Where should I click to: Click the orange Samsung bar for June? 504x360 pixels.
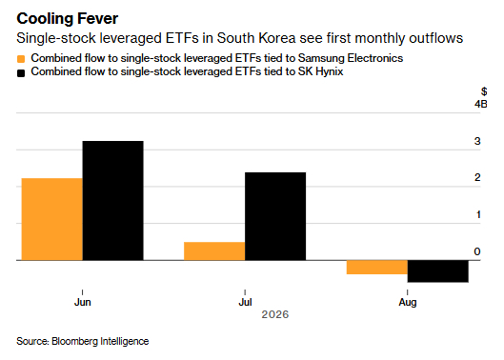52,219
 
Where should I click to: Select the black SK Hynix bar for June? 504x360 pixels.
113,201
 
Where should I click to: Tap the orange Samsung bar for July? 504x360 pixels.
214,251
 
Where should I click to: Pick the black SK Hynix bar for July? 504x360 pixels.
275,216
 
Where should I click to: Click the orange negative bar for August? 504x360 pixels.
377,267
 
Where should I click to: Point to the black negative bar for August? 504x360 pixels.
438,271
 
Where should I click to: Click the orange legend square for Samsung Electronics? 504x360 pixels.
21,59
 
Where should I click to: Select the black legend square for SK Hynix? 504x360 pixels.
21,73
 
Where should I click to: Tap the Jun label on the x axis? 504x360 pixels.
83,303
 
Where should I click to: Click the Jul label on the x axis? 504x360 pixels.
245,303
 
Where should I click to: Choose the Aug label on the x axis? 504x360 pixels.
408,303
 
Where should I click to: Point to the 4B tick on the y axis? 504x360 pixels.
481,104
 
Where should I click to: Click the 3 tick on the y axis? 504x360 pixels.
477,141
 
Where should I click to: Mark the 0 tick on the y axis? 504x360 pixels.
477,251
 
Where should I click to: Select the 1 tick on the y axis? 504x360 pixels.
478,214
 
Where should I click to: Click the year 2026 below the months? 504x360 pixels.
275,314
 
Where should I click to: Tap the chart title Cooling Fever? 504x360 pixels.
68,19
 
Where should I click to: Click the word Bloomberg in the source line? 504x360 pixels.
75,341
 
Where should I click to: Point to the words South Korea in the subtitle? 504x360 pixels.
256,38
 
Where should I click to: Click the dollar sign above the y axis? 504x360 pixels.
484,91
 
